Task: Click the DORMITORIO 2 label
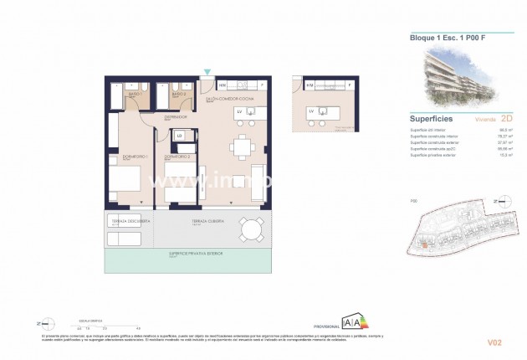(x=177, y=157)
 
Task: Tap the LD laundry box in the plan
(x=179, y=136)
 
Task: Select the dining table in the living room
(x=243, y=148)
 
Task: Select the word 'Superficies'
(x=432, y=119)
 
